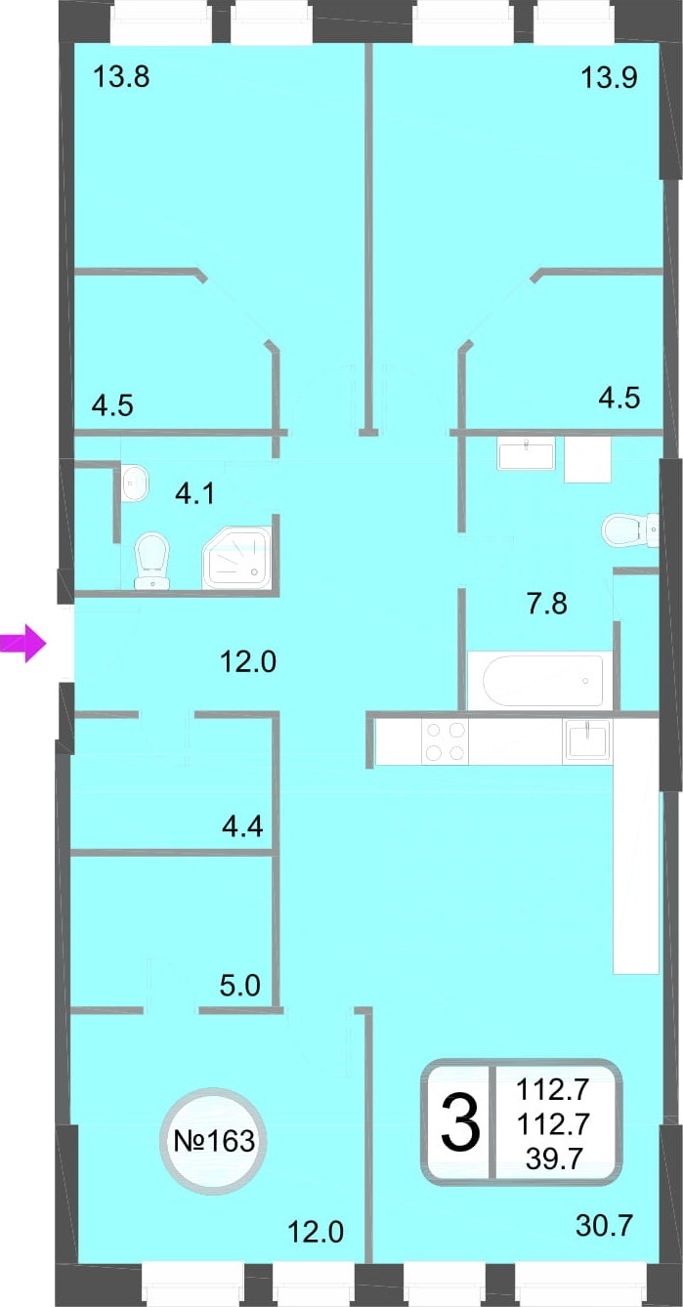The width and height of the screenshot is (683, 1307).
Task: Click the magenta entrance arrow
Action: (23, 644)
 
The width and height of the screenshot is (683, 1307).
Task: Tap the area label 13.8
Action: (121, 76)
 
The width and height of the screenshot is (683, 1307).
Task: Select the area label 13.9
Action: (609, 77)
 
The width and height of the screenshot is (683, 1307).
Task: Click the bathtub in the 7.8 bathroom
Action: (543, 681)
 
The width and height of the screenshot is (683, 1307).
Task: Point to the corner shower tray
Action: (237, 558)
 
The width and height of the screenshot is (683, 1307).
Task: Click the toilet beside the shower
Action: (151, 561)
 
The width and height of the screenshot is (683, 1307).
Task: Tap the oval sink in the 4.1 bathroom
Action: (135, 483)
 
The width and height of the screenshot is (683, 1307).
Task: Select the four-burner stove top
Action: (446, 741)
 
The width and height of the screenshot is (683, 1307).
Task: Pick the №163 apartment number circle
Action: (214, 1140)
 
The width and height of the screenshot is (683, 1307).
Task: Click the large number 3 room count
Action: (460, 1122)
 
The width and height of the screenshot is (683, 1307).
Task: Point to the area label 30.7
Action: (604, 1226)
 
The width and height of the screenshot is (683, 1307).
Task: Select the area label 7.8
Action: (547, 604)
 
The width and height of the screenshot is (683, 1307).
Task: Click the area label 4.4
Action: (242, 826)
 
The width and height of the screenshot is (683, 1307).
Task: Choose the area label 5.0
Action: (240, 986)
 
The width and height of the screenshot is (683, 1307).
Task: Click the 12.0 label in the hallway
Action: (248, 662)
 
